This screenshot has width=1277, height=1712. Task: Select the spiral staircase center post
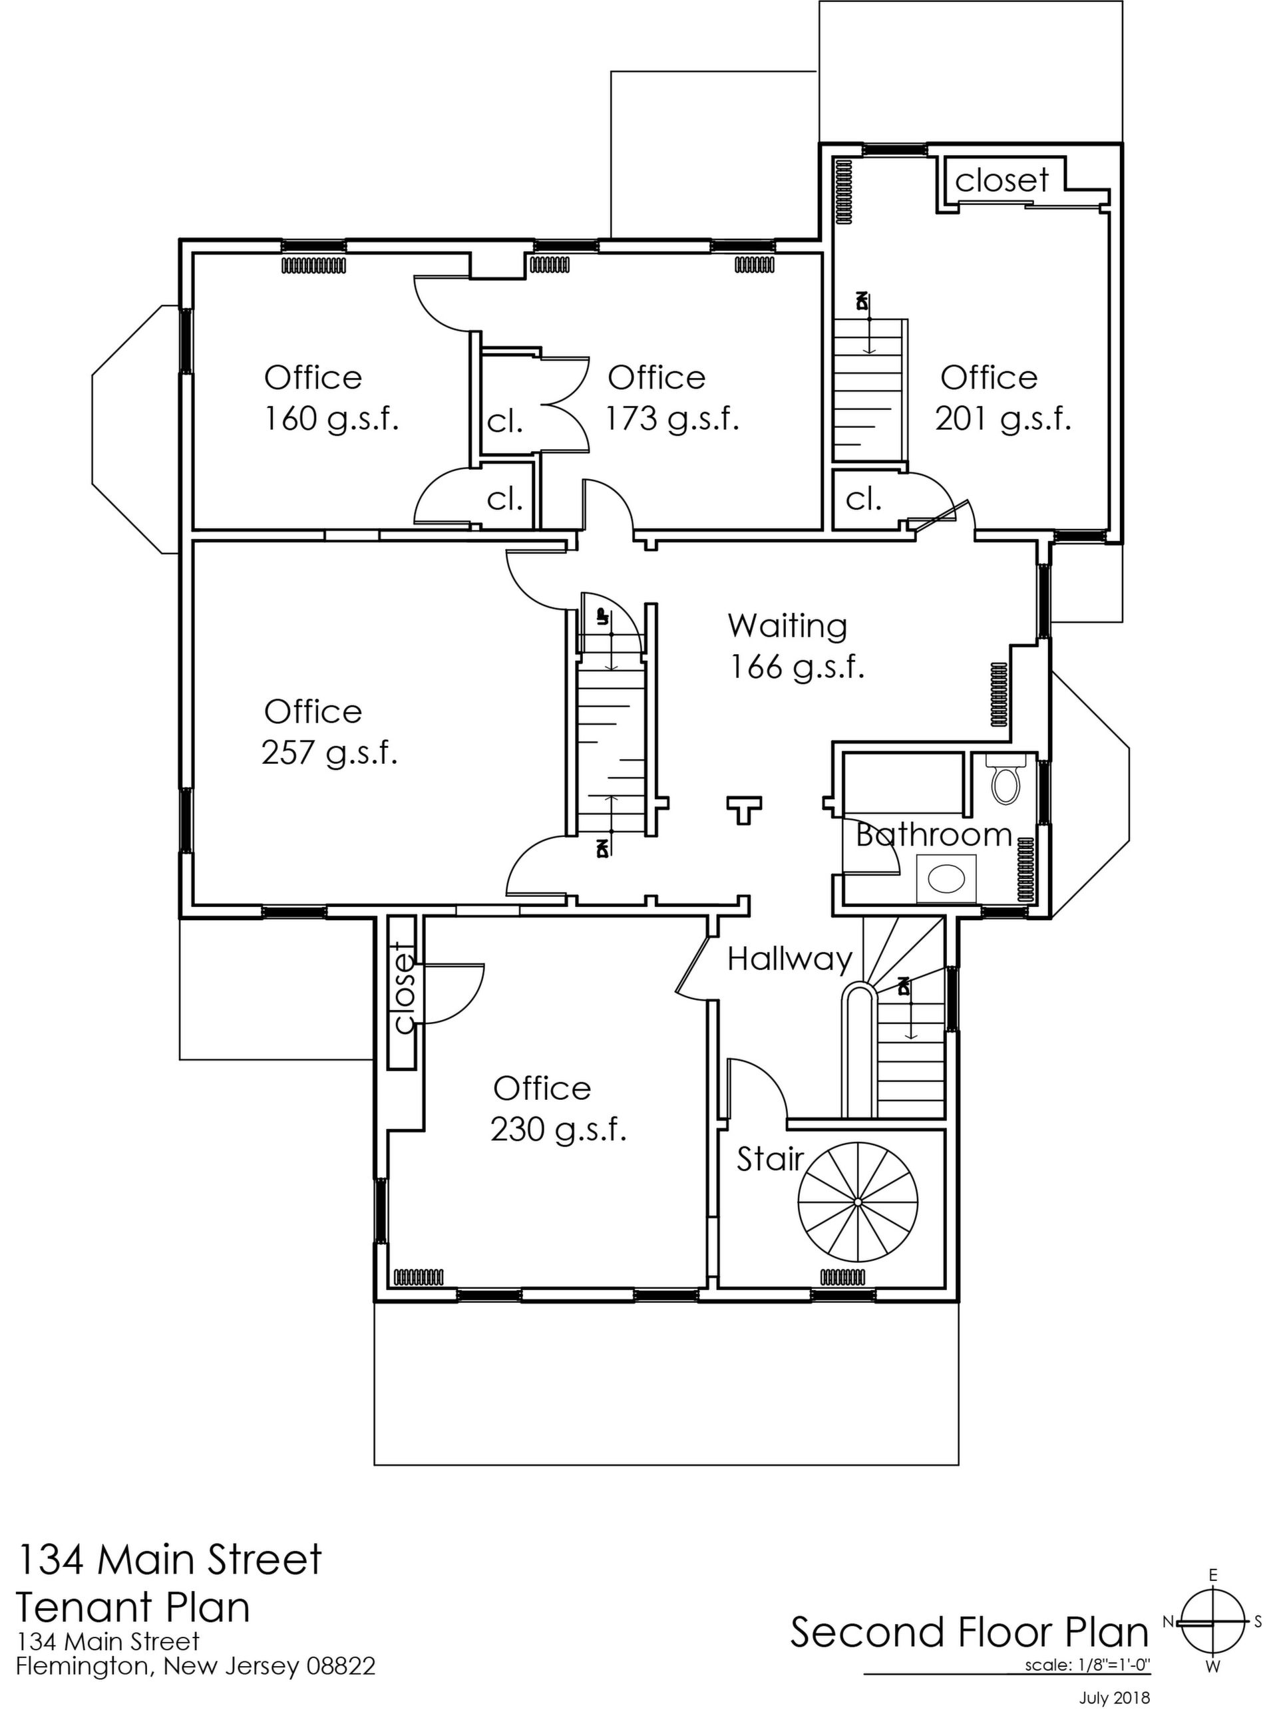[x=858, y=1202]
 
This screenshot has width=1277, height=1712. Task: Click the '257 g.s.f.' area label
[x=329, y=753]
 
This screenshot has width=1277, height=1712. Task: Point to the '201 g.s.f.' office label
[x=1003, y=419]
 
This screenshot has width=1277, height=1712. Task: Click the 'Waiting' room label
[x=788, y=625]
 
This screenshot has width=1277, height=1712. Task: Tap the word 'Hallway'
[x=790, y=959]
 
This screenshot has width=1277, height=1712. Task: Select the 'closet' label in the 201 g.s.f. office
[x=1002, y=180]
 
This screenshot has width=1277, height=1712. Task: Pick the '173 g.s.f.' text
[x=673, y=419]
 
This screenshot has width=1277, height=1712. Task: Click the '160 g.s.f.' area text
[x=331, y=419]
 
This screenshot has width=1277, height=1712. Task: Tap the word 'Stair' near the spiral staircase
[x=770, y=1159]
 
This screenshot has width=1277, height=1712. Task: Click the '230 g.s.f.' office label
[x=558, y=1130]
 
